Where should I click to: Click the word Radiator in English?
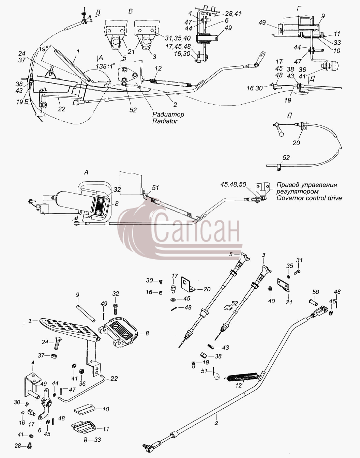click(165, 121)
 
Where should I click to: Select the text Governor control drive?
click(309, 198)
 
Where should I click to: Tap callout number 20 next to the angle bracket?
click(207, 289)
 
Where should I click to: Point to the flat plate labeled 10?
click(84, 409)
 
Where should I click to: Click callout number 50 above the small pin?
click(316, 292)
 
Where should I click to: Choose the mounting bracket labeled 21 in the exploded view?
click(283, 285)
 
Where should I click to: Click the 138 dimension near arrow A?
click(101, 66)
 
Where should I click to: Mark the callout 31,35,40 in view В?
click(178, 38)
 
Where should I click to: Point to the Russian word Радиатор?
click(168, 114)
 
